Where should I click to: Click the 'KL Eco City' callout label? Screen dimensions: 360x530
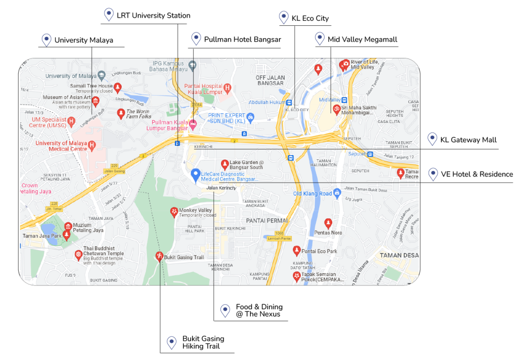coord(310,18)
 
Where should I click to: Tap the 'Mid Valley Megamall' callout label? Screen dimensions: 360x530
coord(362,39)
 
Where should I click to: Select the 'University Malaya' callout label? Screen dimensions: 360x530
coord(83,40)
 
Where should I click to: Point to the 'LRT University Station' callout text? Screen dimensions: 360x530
coord(153,16)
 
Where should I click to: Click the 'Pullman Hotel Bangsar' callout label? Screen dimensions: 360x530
coord(242,39)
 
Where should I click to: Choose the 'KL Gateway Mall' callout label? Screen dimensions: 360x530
coord(468,140)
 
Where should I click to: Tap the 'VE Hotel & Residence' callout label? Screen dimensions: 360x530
coord(477,174)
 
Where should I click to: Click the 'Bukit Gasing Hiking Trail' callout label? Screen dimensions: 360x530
coord(203,342)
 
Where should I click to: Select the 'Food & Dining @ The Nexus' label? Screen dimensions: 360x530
coord(259,310)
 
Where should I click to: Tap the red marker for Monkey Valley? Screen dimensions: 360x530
coord(173,212)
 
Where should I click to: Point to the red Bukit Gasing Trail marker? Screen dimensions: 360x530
coord(159,256)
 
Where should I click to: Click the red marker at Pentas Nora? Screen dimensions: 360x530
coord(328,223)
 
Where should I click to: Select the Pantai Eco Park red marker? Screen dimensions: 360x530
coord(297,251)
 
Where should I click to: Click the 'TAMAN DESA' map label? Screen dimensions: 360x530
coord(399,256)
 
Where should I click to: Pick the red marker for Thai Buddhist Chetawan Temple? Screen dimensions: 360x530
coord(78,254)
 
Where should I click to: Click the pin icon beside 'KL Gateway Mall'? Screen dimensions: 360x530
coord(432,140)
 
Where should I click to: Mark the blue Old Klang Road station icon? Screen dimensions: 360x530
coord(337,193)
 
